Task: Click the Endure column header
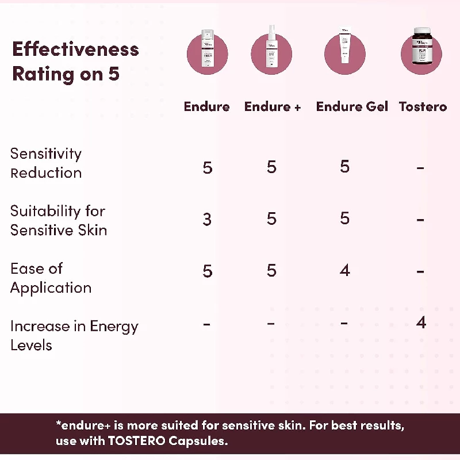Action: click(x=206, y=106)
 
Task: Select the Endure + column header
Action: click(x=273, y=106)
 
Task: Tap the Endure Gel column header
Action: click(x=352, y=106)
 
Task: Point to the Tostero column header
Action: click(x=423, y=106)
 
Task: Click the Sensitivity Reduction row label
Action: click(x=46, y=163)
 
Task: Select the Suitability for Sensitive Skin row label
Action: click(x=59, y=220)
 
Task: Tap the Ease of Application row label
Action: click(x=51, y=278)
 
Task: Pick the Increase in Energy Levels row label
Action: click(x=74, y=335)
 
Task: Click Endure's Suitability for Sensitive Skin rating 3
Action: click(x=207, y=219)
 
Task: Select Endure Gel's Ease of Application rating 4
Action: click(x=344, y=270)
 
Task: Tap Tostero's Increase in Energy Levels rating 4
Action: click(x=421, y=323)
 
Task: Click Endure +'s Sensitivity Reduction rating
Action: click(x=271, y=167)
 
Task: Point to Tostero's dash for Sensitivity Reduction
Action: click(x=421, y=168)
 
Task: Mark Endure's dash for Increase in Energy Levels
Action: click(x=207, y=324)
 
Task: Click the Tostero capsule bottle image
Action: click(x=421, y=52)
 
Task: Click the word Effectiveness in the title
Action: click(x=75, y=49)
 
